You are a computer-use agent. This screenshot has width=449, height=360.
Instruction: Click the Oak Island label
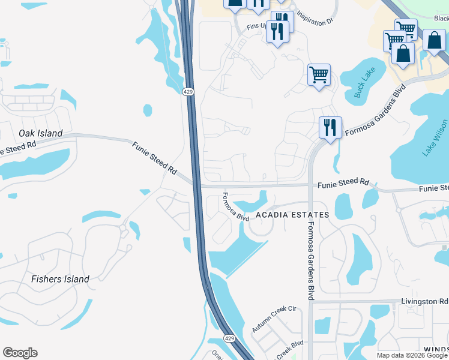coord(41,133)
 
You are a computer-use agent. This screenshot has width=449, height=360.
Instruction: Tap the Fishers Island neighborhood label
coord(60,279)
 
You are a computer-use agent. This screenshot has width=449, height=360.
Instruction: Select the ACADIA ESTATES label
coord(292,215)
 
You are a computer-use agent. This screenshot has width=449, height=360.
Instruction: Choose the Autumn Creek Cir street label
coord(274,319)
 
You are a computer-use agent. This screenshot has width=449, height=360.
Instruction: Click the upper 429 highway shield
coord(188,91)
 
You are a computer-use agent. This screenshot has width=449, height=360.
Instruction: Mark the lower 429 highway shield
coord(229,339)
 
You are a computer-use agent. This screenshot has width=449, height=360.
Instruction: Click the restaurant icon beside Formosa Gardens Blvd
coord(330,127)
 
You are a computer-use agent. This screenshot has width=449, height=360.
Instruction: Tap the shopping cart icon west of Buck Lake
coord(319,75)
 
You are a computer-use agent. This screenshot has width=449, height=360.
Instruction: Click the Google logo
coord(20,353)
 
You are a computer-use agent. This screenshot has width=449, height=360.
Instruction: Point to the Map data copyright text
coord(412,355)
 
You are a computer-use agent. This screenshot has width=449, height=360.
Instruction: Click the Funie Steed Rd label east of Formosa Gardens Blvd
coord(343,182)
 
